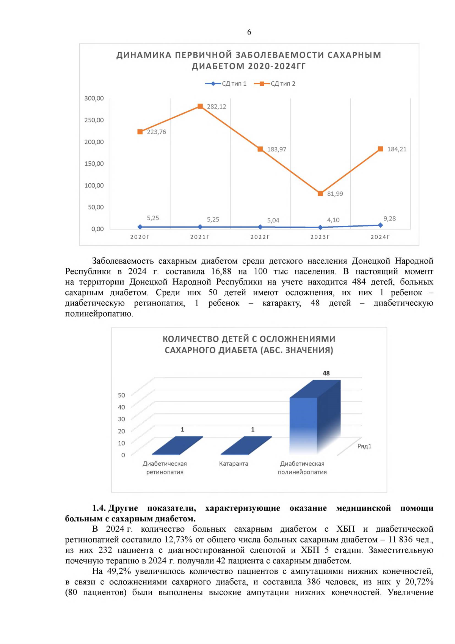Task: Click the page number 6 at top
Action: click(249, 32)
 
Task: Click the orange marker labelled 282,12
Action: click(200, 106)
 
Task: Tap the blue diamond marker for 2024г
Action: click(380, 225)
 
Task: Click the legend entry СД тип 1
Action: click(226, 83)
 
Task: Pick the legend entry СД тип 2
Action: click(275, 83)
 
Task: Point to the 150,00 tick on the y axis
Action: click(94, 164)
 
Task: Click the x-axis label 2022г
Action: click(260, 237)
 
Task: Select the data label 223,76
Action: click(157, 132)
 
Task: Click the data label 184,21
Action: click(397, 149)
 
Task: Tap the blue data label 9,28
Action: click(389, 219)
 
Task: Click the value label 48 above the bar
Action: click(326, 373)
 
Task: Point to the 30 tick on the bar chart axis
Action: click(121, 419)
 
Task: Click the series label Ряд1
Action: click(364, 446)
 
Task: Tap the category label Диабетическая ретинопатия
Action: click(165, 468)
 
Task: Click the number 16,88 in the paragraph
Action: click(221, 271)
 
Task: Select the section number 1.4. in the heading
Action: click(99, 508)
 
